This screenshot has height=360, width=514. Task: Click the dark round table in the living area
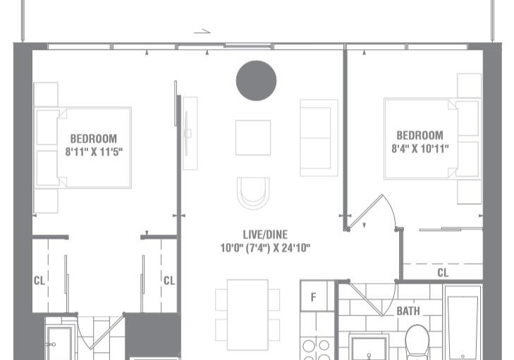256,80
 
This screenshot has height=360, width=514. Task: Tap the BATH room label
408,311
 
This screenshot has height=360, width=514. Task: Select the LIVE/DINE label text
265,235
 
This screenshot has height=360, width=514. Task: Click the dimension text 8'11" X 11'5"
94,151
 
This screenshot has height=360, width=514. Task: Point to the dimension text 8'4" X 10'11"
420,149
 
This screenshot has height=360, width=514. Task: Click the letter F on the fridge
313,297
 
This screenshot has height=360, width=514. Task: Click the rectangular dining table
247,315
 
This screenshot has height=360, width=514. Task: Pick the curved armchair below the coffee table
253,193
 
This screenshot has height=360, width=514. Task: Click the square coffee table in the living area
253,137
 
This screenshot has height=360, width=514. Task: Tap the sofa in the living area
319,138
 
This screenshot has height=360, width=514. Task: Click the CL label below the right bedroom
443,273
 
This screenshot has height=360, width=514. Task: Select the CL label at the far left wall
39,280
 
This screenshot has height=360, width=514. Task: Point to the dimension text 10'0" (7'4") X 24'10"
265,248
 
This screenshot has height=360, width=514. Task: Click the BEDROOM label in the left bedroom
94,139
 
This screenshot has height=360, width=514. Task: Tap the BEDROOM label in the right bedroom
420,135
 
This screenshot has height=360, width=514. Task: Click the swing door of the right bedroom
365,212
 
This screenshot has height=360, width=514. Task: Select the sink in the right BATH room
369,348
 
